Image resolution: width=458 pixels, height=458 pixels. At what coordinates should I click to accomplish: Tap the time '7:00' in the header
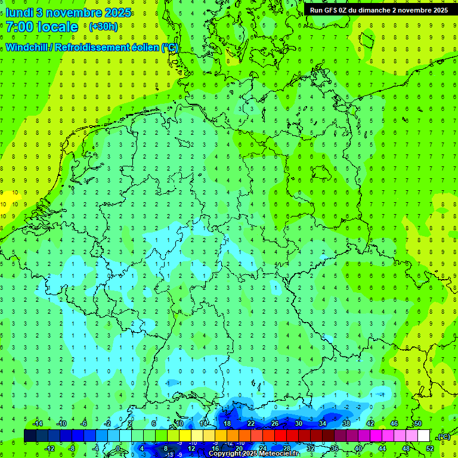18,27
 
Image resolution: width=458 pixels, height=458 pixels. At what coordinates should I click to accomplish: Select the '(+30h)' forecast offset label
103,27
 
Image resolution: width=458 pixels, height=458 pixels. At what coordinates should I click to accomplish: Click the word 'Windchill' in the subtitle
27,48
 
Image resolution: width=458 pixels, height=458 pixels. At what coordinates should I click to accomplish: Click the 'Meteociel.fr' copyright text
275,454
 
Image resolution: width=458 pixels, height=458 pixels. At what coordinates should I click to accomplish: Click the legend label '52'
429,448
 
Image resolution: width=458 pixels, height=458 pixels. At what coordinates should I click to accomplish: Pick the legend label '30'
298,423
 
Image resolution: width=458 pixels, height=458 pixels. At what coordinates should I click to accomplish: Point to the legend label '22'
250,423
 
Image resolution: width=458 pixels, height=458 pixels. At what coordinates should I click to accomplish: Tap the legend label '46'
394,423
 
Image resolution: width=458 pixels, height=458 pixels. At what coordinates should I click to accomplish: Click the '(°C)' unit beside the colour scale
443,437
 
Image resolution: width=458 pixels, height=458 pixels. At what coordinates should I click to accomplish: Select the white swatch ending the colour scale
423,436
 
